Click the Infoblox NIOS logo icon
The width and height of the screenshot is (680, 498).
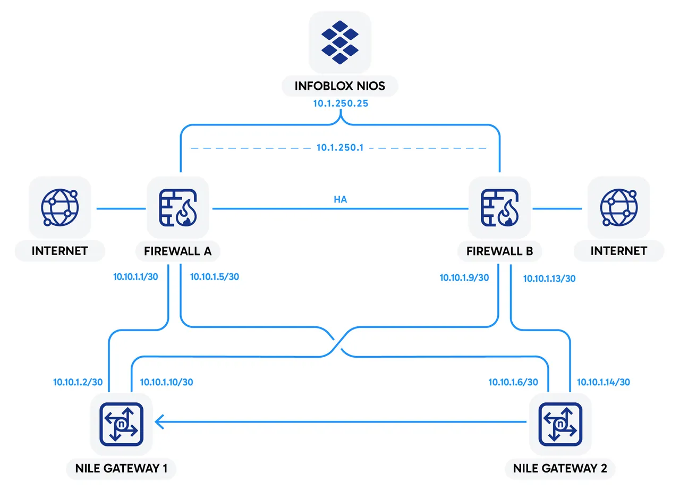pyautogui.click(x=340, y=42)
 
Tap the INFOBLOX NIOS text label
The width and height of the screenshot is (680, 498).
pyautogui.click(x=340, y=86)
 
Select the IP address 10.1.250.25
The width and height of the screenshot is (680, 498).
pyautogui.click(x=340, y=104)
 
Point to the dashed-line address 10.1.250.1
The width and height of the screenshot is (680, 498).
pyautogui.click(x=340, y=148)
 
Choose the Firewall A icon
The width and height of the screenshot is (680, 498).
pyautogui.click(x=178, y=208)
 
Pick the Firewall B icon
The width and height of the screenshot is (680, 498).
pyautogui.click(x=499, y=208)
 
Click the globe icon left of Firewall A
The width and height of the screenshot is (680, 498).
pyautogui.click(x=59, y=208)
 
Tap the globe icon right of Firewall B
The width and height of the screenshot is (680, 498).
pyautogui.click(x=618, y=208)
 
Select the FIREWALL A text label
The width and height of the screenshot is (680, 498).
pyautogui.click(x=178, y=251)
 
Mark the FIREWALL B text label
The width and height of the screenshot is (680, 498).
pyautogui.click(x=500, y=251)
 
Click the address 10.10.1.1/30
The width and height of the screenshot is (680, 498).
pyautogui.click(x=136, y=277)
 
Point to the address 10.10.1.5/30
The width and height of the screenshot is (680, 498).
pyautogui.click(x=215, y=277)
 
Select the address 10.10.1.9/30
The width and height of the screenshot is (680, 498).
pyautogui.click(x=464, y=277)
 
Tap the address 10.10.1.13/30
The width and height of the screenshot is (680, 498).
pyautogui.click(x=549, y=278)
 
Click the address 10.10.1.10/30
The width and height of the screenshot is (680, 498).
pyautogui.click(x=166, y=382)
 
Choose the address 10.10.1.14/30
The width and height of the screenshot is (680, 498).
pyautogui.click(x=603, y=382)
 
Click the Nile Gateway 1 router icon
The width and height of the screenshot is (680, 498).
pyautogui.click(x=122, y=423)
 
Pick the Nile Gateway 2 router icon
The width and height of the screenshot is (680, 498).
pyautogui.click(x=560, y=423)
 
